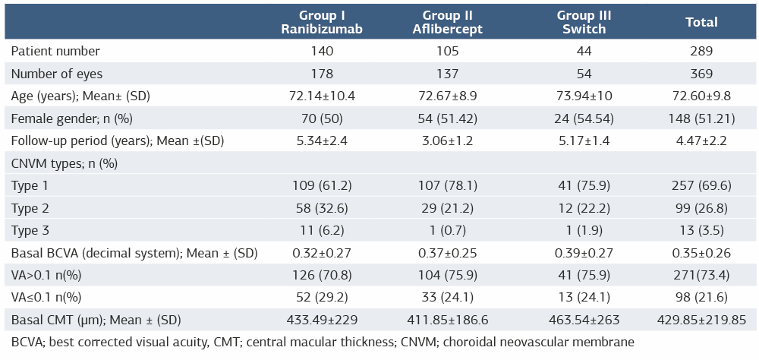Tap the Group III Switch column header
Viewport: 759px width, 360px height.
[x=584, y=22]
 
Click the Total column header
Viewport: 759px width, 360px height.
[x=701, y=22]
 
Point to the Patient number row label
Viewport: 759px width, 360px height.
[x=55, y=51]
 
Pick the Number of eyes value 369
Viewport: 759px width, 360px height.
[x=701, y=74]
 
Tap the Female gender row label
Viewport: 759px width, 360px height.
[x=65, y=118]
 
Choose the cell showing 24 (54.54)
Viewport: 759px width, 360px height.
[x=584, y=118]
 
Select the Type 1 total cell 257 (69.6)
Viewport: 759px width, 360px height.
[x=701, y=185]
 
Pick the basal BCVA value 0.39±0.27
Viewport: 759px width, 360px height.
[x=584, y=253]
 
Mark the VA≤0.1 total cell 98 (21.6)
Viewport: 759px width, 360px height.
[x=701, y=298]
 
